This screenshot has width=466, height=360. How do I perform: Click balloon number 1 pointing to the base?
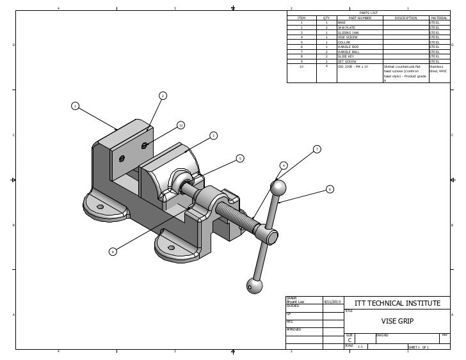[75, 106]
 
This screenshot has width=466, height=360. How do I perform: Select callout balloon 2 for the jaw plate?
[162, 96]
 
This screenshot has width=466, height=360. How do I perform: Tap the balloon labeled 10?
[181, 125]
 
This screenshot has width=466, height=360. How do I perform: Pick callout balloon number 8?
[112, 252]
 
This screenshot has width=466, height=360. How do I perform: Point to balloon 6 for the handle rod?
[329, 189]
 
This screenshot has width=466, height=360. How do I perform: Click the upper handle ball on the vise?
[278, 188]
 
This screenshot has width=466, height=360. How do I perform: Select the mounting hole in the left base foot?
[100, 206]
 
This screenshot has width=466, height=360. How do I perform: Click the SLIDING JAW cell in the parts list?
[349, 32]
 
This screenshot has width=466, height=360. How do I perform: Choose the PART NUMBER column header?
[360, 18]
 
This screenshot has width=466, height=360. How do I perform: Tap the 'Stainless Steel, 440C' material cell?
[438, 68]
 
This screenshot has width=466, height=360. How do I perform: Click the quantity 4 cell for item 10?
[326, 66]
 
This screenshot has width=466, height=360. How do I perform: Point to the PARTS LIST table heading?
[369, 13]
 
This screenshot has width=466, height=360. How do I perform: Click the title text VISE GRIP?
[397, 321]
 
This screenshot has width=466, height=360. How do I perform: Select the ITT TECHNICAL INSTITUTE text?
[397, 302]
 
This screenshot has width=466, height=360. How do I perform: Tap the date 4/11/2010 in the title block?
[332, 301]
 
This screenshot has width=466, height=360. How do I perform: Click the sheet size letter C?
[349, 340]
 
